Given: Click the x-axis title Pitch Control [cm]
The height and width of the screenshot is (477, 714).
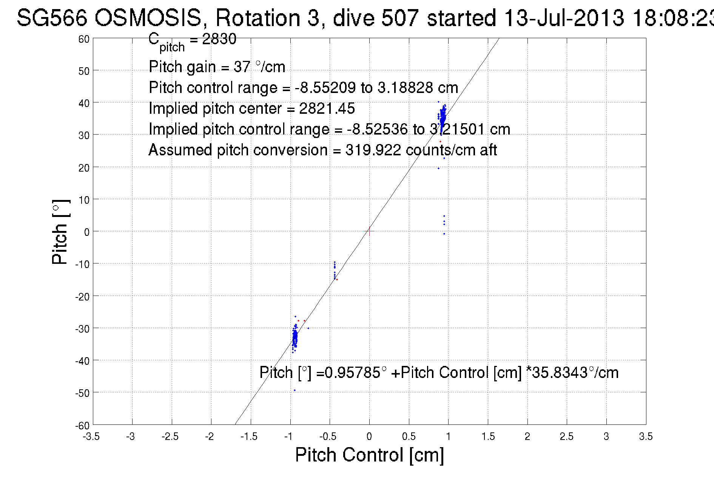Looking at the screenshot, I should [x=369, y=455].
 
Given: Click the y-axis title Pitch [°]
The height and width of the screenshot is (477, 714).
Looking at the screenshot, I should [x=60, y=232].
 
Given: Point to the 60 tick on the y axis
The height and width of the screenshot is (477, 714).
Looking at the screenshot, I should [x=84, y=39].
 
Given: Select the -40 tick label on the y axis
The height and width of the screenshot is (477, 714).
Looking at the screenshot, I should [x=82, y=361].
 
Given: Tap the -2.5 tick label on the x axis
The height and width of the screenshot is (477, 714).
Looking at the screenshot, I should [x=170, y=437].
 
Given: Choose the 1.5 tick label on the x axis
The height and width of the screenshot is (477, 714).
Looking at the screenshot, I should [x=488, y=437].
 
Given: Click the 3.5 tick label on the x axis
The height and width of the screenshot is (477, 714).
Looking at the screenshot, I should [x=646, y=437].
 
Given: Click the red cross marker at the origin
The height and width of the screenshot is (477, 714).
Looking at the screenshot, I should [x=369, y=231].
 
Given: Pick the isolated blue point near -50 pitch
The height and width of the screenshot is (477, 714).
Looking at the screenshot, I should [x=295, y=390].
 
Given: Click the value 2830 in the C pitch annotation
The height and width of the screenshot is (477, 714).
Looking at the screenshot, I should [x=219, y=39].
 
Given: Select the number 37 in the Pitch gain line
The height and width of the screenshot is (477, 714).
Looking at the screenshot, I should [x=242, y=67].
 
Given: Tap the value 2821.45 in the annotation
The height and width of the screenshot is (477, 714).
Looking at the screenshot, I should [x=327, y=108].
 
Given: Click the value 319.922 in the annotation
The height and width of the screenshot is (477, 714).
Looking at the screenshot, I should [x=373, y=150].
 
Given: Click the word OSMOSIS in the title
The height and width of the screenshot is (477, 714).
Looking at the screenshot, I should [x=148, y=17].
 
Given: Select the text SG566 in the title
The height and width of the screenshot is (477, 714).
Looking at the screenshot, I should [x=52, y=17].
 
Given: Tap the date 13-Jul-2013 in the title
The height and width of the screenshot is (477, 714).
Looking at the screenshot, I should [x=564, y=17].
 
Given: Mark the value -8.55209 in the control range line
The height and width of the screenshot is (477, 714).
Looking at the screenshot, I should [x=325, y=88].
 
